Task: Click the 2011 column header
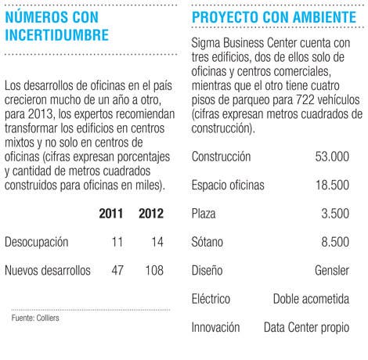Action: click(x=111, y=214)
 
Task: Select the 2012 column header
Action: click(x=151, y=214)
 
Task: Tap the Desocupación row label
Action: click(x=37, y=242)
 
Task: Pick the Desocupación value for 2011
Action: click(x=117, y=242)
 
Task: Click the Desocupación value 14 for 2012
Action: click(x=157, y=242)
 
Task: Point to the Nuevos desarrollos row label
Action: click(x=48, y=270)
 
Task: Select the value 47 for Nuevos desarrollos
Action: click(x=117, y=270)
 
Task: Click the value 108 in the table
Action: click(x=154, y=270)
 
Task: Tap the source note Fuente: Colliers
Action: click(x=35, y=318)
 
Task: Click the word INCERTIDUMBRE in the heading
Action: click(x=57, y=35)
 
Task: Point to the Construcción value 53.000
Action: click(x=332, y=157)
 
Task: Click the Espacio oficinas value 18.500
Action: click(x=332, y=185)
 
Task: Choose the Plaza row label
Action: click(x=204, y=214)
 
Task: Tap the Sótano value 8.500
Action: click(x=335, y=242)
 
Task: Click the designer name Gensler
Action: click(x=332, y=270)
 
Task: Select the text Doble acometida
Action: click(x=311, y=299)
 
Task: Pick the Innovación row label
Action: click(x=215, y=327)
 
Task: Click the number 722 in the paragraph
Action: click(x=305, y=100)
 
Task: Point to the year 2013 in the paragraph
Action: click(x=41, y=114)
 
